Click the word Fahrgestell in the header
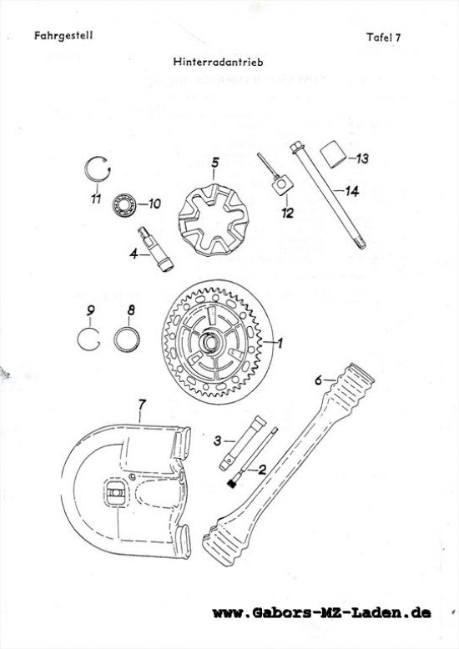coord(63,36)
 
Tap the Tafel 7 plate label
coord(384,38)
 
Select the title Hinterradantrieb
coord(219,62)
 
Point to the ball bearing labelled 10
coord(124,204)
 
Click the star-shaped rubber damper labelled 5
coord(214,219)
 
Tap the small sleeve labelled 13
coord(334,155)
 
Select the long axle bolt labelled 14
coord(328,195)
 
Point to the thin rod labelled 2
coord(252,458)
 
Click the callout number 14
coord(351,191)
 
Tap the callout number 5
coord(214,163)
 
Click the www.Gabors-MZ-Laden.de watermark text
coord(322,612)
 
